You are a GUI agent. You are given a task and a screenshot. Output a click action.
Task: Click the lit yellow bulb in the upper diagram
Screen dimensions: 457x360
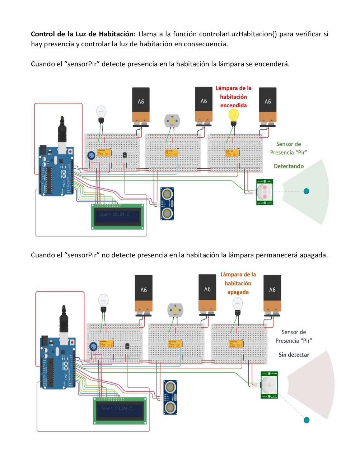[234, 116]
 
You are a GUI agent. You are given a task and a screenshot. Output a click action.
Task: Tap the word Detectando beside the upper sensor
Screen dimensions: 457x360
[289, 166]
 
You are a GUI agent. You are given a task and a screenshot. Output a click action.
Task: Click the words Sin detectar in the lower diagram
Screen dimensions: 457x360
[294, 355]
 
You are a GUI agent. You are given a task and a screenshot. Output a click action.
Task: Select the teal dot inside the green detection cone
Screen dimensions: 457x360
[306, 191]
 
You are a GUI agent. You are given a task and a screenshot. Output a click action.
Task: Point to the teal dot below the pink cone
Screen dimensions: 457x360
[306, 420]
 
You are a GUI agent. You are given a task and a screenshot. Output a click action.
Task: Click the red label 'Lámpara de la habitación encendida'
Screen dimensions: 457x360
[233, 97]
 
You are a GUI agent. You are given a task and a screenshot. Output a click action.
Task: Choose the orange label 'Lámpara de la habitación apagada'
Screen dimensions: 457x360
[238, 283]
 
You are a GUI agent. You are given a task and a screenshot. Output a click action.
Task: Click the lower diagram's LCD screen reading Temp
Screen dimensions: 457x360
[120, 409]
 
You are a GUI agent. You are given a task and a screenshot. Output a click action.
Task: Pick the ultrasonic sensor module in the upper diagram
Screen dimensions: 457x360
[167, 204]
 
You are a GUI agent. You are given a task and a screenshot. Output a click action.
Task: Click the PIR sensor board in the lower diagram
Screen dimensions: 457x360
[269, 385]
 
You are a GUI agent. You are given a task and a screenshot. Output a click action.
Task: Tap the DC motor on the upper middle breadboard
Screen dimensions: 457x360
[172, 120]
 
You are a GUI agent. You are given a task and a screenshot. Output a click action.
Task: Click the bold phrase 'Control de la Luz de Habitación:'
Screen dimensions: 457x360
[83, 34]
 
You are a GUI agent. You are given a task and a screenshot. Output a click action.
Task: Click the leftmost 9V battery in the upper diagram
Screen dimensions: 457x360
[141, 105]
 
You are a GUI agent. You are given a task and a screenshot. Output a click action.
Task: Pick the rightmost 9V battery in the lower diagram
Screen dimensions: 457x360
[272, 293]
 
